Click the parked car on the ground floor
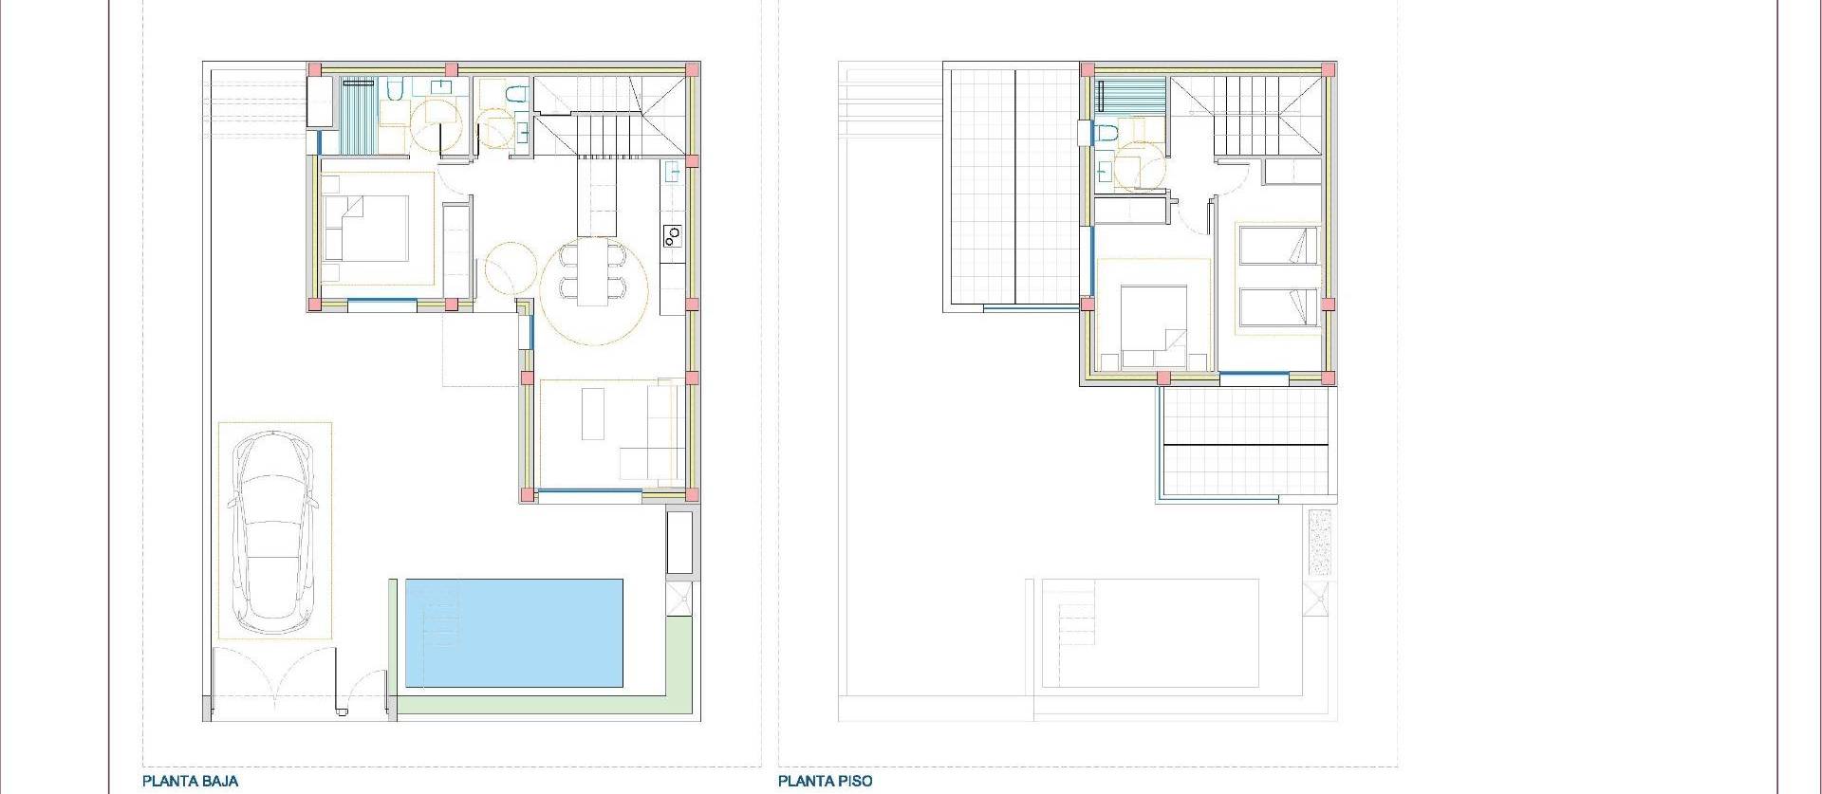[275, 532]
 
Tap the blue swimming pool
[513, 633]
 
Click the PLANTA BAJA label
[190, 782]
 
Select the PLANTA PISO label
[825, 782]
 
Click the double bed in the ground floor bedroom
[366, 228]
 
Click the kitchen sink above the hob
[672, 172]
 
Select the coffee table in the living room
[593, 414]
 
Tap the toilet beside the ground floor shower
[395, 91]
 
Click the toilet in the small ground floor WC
[515, 94]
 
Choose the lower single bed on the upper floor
[1277, 307]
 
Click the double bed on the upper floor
[1153, 325]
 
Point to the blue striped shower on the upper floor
[1131, 98]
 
